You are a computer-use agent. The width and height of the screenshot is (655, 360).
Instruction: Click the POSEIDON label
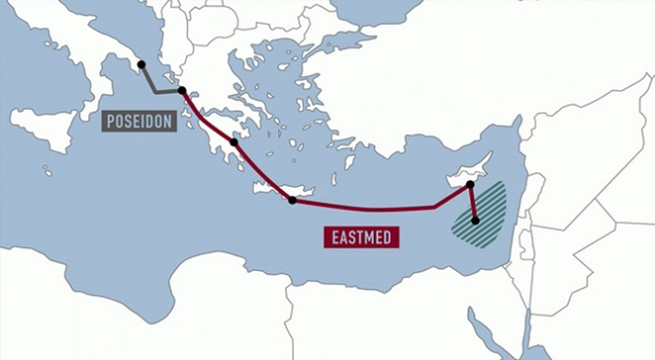pos(139,122)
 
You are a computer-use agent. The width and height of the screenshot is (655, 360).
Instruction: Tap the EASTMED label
pos(361,238)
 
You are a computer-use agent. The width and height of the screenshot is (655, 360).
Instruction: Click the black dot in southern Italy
pos(141,64)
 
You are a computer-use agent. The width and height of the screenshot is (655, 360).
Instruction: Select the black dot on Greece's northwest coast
pos(182,91)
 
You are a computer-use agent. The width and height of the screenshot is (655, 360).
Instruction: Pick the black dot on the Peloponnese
pos(234,142)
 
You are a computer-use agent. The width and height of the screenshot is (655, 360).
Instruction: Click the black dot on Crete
pos(292,200)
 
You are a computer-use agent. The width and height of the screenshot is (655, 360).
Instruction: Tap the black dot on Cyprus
pos(470,184)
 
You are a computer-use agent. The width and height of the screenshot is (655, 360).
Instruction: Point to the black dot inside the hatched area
pos(475,221)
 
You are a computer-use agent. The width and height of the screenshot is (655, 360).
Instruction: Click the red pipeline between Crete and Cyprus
pos(368,209)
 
